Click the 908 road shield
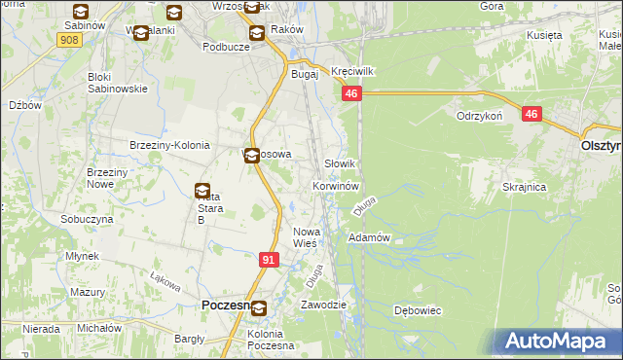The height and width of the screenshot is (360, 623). tap(68, 39)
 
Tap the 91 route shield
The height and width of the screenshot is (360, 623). tap(270, 260)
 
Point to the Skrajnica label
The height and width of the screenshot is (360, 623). tap(525, 186)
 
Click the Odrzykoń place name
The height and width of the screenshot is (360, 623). tap(478, 115)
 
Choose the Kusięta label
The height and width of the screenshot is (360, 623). tap(545, 35)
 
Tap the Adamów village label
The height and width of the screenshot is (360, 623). tap(369, 237)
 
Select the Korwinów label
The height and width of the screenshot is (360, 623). tap(337, 185)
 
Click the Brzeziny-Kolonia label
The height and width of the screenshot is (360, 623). tap(169, 145)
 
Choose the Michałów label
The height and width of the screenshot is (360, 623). tap(99, 329)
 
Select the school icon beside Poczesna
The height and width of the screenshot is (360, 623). tap(259, 308)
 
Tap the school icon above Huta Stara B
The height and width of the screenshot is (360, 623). tap(202, 192)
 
